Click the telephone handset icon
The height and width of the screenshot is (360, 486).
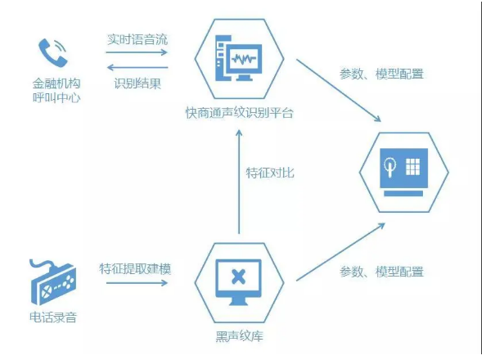[x=52, y=52]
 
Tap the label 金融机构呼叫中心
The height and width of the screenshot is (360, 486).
[x=56, y=90]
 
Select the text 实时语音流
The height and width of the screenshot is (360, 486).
[x=137, y=39]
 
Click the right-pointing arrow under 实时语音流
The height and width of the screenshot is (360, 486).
[x=137, y=52]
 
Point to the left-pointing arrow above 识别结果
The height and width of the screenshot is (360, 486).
[x=137, y=67]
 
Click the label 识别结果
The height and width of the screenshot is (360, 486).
[x=137, y=83]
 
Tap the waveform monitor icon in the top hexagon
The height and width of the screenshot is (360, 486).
[x=239, y=58]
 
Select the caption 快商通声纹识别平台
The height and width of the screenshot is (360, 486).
[x=239, y=113]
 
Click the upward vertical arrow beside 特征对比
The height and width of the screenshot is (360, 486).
[x=239, y=182]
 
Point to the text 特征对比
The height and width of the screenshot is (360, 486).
[x=270, y=173]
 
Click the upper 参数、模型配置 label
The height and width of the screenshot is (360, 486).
[x=381, y=74]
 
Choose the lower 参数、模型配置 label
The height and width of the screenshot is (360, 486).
[x=381, y=272]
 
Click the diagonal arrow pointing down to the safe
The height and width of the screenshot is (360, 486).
[x=339, y=91]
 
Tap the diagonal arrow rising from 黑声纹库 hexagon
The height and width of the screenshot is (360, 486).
[x=340, y=252]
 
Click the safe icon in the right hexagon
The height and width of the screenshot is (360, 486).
[x=404, y=172]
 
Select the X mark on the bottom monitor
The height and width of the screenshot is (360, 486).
[x=238, y=277]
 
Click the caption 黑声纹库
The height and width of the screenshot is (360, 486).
[x=239, y=336]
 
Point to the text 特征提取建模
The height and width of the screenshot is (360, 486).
[x=135, y=268]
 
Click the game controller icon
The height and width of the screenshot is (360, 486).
[x=52, y=282]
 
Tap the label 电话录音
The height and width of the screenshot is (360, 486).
[x=53, y=317]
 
